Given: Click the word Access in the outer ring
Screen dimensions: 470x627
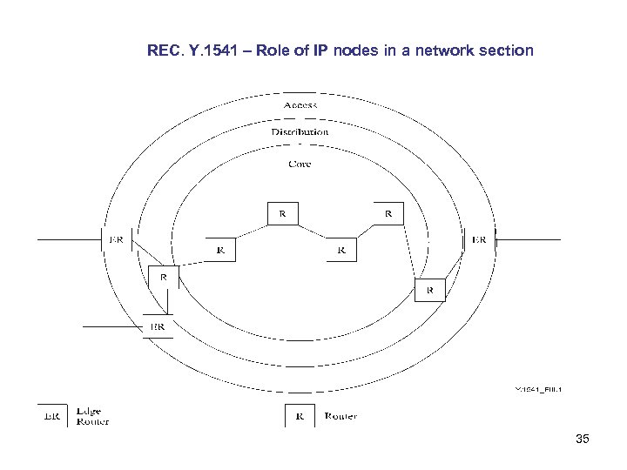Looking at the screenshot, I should [300, 105].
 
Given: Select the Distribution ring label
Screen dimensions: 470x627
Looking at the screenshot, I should [300, 131].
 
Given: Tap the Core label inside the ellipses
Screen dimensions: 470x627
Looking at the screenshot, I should [300, 164].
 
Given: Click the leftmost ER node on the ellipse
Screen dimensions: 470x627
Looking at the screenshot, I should [116, 239].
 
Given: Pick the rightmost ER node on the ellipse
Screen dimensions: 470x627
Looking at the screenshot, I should [479, 239].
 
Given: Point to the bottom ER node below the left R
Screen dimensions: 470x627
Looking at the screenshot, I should [158, 326].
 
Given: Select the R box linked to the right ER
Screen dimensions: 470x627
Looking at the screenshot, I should [429, 289].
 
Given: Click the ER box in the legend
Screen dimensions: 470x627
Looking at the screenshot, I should [52, 416].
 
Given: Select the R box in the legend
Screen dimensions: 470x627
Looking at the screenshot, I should [300, 416].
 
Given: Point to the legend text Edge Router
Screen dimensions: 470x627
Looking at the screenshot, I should [92, 416].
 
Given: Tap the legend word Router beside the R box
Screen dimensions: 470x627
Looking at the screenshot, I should [340, 416].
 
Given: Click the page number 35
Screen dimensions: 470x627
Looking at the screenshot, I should [583, 440].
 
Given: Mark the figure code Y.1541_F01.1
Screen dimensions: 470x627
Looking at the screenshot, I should [538, 389].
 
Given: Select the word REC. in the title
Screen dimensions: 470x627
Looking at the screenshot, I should [165, 51].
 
